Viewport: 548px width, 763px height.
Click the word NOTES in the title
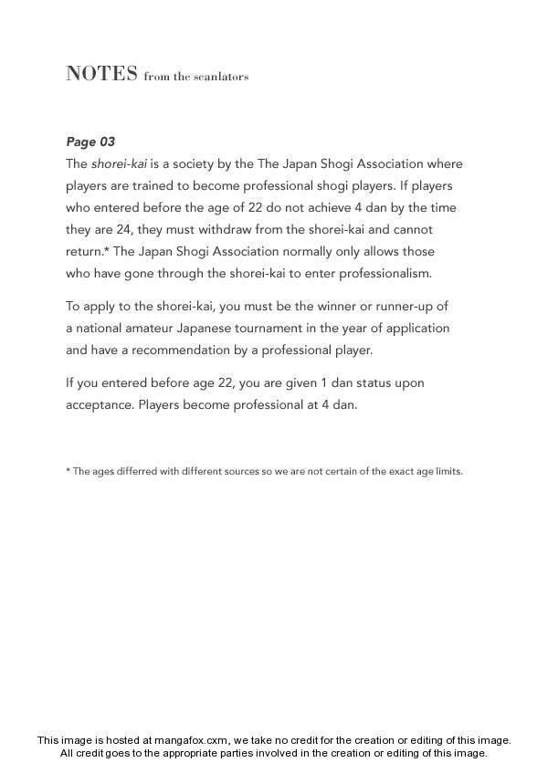(101, 74)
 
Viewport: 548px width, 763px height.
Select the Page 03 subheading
(90, 141)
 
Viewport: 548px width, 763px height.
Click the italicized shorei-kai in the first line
(122, 164)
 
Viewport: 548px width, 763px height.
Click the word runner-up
(419, 306)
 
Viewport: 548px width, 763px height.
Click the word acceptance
(100, 404)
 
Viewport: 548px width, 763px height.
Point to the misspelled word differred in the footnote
(132, 472)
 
